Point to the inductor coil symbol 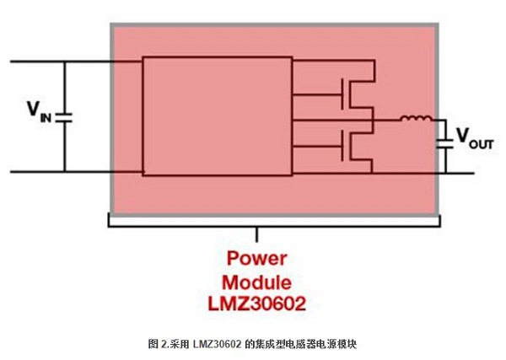(414, 120)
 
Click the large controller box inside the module (217, 116)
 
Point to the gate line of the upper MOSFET (319, 94)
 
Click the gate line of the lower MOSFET (319, 147)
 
